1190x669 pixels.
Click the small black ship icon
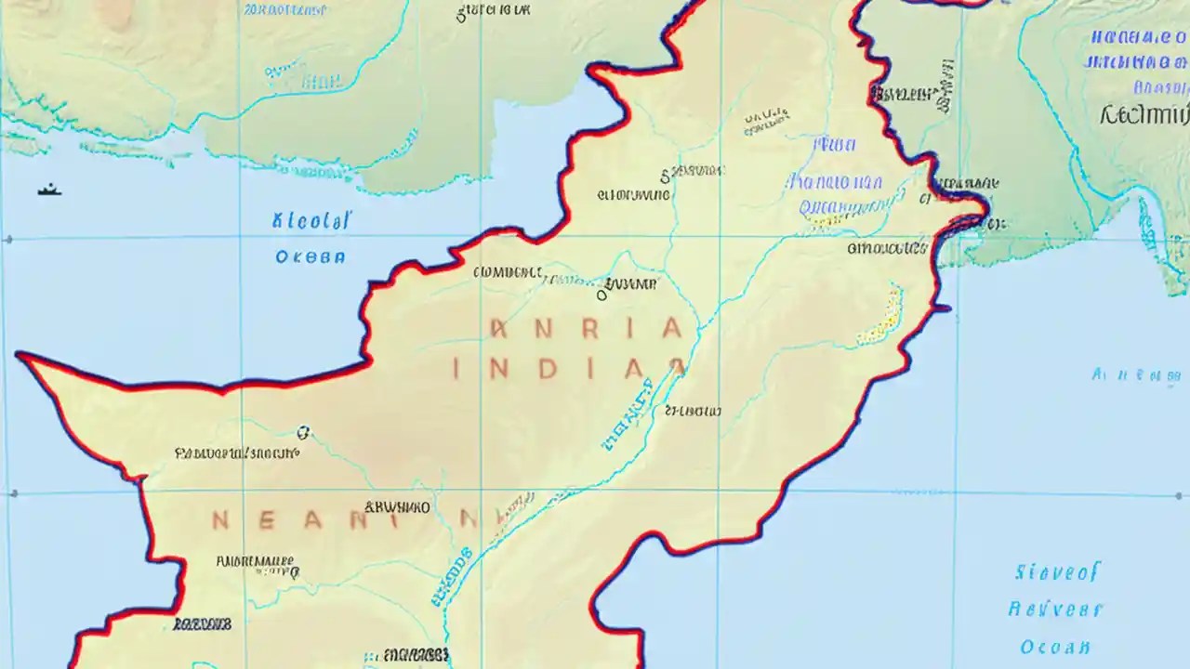point(49,190)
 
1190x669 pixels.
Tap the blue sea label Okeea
point(311,257)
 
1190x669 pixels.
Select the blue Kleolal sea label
point(312,221)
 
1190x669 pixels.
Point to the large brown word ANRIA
point(586,328)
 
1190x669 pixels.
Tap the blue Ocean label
point(1054,647)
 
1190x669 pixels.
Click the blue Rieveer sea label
point(1054,610)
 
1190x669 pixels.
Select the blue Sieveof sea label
point(1057,571)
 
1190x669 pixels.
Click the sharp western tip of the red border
point(19,355)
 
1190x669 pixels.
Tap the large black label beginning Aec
point(1144,115)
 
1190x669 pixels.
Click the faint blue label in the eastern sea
point(1136,376)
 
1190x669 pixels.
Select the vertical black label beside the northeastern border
point(945,85)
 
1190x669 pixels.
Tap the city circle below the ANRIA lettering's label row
point(602,295)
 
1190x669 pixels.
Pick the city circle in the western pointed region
point(302,432)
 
